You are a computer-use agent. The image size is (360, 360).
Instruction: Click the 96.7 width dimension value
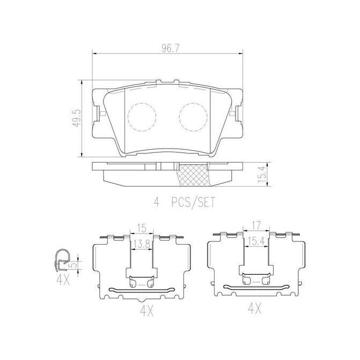click(170, 48)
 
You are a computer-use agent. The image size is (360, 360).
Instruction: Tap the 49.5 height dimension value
click(76, 118)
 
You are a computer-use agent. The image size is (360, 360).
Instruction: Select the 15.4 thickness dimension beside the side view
click(262, 174)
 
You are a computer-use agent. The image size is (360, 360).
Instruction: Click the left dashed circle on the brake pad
click(142, 117)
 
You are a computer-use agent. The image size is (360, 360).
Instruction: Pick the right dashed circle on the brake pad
click(193, 117)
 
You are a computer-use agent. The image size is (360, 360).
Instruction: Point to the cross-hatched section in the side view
click(193, 175)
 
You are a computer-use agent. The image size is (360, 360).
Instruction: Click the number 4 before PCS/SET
click(156, 202)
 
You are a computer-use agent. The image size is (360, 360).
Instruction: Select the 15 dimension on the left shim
click(142, 228)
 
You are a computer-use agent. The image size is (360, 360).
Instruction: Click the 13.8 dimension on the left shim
click(142, 245)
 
